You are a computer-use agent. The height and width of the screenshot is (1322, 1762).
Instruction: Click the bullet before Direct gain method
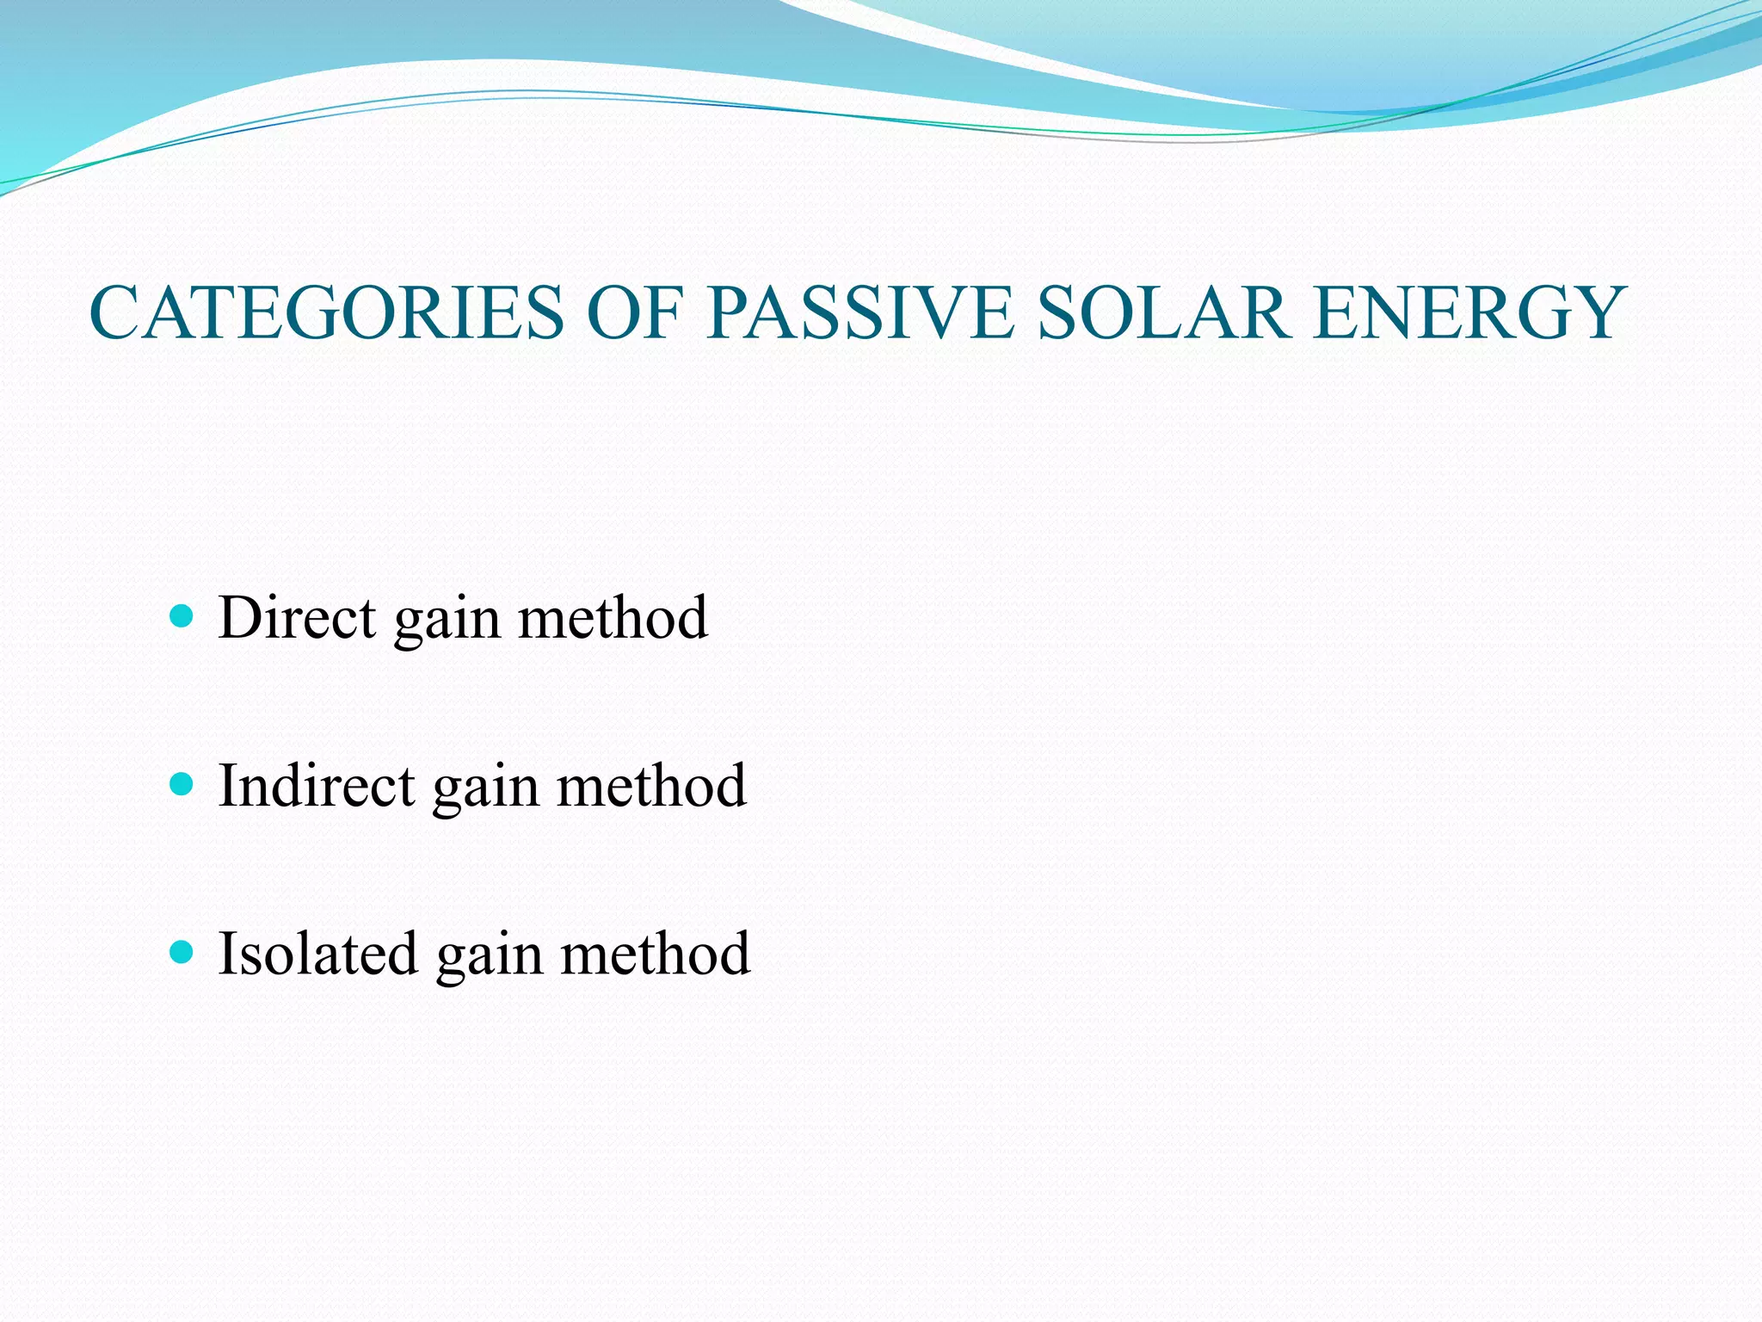[182, 616]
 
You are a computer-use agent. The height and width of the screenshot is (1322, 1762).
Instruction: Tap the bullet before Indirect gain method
[182, 784]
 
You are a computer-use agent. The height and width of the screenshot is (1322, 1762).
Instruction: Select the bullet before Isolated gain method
[182, 952]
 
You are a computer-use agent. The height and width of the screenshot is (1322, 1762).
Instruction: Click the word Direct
[297, 617]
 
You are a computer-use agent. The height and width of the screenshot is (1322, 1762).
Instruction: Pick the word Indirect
[317, 785]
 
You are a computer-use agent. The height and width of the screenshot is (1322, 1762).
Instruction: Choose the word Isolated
[318, 953]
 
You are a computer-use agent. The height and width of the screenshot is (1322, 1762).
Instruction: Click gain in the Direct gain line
[447, 621]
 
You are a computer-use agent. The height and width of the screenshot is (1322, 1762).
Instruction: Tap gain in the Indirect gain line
[485, 789]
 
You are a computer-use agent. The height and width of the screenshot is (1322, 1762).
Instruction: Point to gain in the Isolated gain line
[489, 957]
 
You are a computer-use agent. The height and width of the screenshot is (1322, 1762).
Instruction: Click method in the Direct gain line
[613, 617]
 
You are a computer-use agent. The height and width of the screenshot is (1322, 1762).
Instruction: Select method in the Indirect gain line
[651, 785]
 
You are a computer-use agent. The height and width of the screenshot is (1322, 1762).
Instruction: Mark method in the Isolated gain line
[655, 953]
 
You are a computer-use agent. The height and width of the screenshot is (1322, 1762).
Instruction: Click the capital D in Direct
[242, 617]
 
